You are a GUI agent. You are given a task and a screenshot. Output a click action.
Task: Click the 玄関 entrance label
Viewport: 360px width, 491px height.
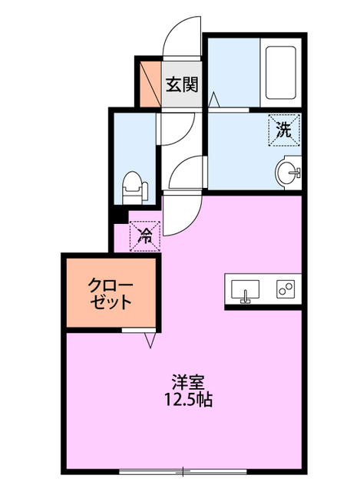(182, 84)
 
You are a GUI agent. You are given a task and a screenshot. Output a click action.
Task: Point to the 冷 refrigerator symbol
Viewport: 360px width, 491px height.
(144, 236)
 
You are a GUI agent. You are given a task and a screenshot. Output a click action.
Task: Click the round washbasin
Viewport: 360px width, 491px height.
(290, 173)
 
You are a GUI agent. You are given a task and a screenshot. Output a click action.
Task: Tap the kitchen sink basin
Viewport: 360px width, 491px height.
(245, 289)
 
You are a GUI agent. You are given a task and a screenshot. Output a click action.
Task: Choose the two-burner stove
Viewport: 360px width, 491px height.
(286, 289)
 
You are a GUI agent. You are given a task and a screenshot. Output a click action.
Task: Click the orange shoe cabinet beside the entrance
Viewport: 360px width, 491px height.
(147, 84)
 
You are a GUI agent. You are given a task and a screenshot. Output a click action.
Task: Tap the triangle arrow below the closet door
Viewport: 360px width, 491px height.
(147, 340)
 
